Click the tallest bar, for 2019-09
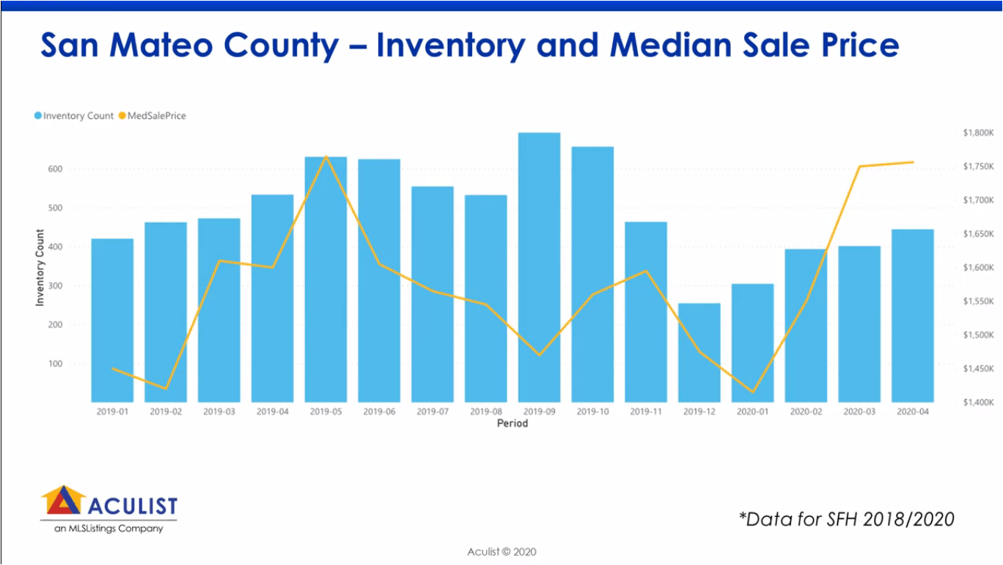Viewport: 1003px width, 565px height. click(539, 267)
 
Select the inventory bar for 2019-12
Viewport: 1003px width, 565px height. click(699, 352)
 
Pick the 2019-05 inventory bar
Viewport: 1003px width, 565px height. click(326, 279)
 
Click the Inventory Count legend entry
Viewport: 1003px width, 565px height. click(73, 116)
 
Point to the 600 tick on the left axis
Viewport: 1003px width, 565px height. click(76, 169)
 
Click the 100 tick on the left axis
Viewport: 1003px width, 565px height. click(76, 363)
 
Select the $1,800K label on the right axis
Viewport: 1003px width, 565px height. click(977, 133)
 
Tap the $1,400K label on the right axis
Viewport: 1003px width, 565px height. click(977, 402)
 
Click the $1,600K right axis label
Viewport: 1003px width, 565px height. click(977, 268)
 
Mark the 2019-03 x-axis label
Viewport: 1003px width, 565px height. click(218, 412)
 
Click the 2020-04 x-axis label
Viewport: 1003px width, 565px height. click(912, 412)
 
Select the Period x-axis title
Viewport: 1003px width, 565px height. click(512, 423)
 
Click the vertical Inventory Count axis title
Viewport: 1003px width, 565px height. click(40, 268)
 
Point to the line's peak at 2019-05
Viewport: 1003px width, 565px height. click(326, 156)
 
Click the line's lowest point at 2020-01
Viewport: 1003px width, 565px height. click(752, 392)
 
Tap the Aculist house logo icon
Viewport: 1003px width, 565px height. click(63, 500)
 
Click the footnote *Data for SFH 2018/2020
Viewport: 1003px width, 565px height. click(846, 520)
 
